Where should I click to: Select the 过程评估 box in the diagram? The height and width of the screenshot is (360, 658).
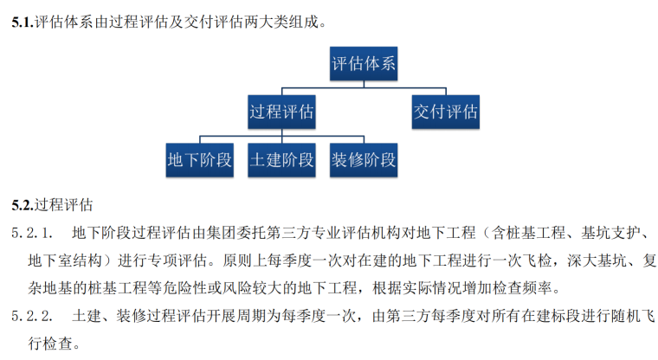(x=281, y=112)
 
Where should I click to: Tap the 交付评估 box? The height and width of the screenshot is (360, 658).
(x=445, y=112)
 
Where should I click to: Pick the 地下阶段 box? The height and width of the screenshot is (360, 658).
(x=200, y=160)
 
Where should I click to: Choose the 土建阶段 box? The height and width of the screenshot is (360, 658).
(x=281, y=160)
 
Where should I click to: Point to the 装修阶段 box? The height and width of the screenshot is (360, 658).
(x=363, y=160)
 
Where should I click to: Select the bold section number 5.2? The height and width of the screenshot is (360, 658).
(x=23, y=206)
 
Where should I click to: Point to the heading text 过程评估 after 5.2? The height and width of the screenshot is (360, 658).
(x=63, y=206)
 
